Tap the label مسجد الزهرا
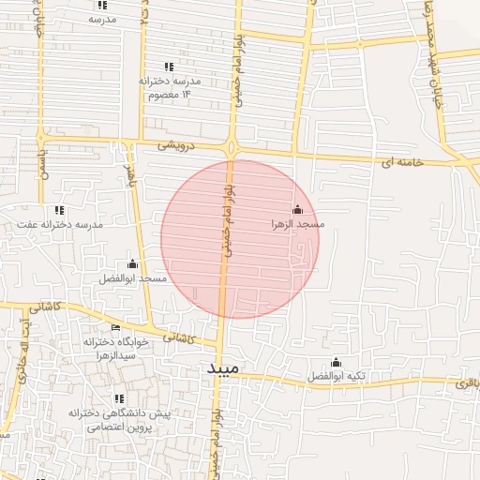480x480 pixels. pyautogui.click(x=297, y=225)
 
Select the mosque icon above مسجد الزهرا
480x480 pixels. pyautogui.click(x=297, y=209)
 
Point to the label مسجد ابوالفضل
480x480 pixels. pyautogui.click(x=132, y=278)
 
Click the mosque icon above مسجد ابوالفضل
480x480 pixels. pyautogui.click(x=132, y=263)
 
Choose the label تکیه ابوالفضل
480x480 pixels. pyautogui.click(x=336, y=378)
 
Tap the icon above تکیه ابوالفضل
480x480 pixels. pyautogui.click(x=336, y=363)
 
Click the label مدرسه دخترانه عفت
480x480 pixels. pyautogui.click(x=60, y=225)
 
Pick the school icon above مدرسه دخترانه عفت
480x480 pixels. pyautogui.click(x=59, y=210)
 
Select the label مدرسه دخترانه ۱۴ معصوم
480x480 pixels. pyautogui.click(x=170, y=87)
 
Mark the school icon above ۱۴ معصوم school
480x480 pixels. pyautogui.click(x=169, y=66)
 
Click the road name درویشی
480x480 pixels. pyautogui.click(x=177, y=145)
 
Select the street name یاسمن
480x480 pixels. pyautogui.click(x=40, y=165)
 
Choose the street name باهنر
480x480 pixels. pyautogui.click(x=131, y=175)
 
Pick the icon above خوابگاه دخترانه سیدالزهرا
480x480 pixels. pyautogui.click(x=115, y=327)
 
